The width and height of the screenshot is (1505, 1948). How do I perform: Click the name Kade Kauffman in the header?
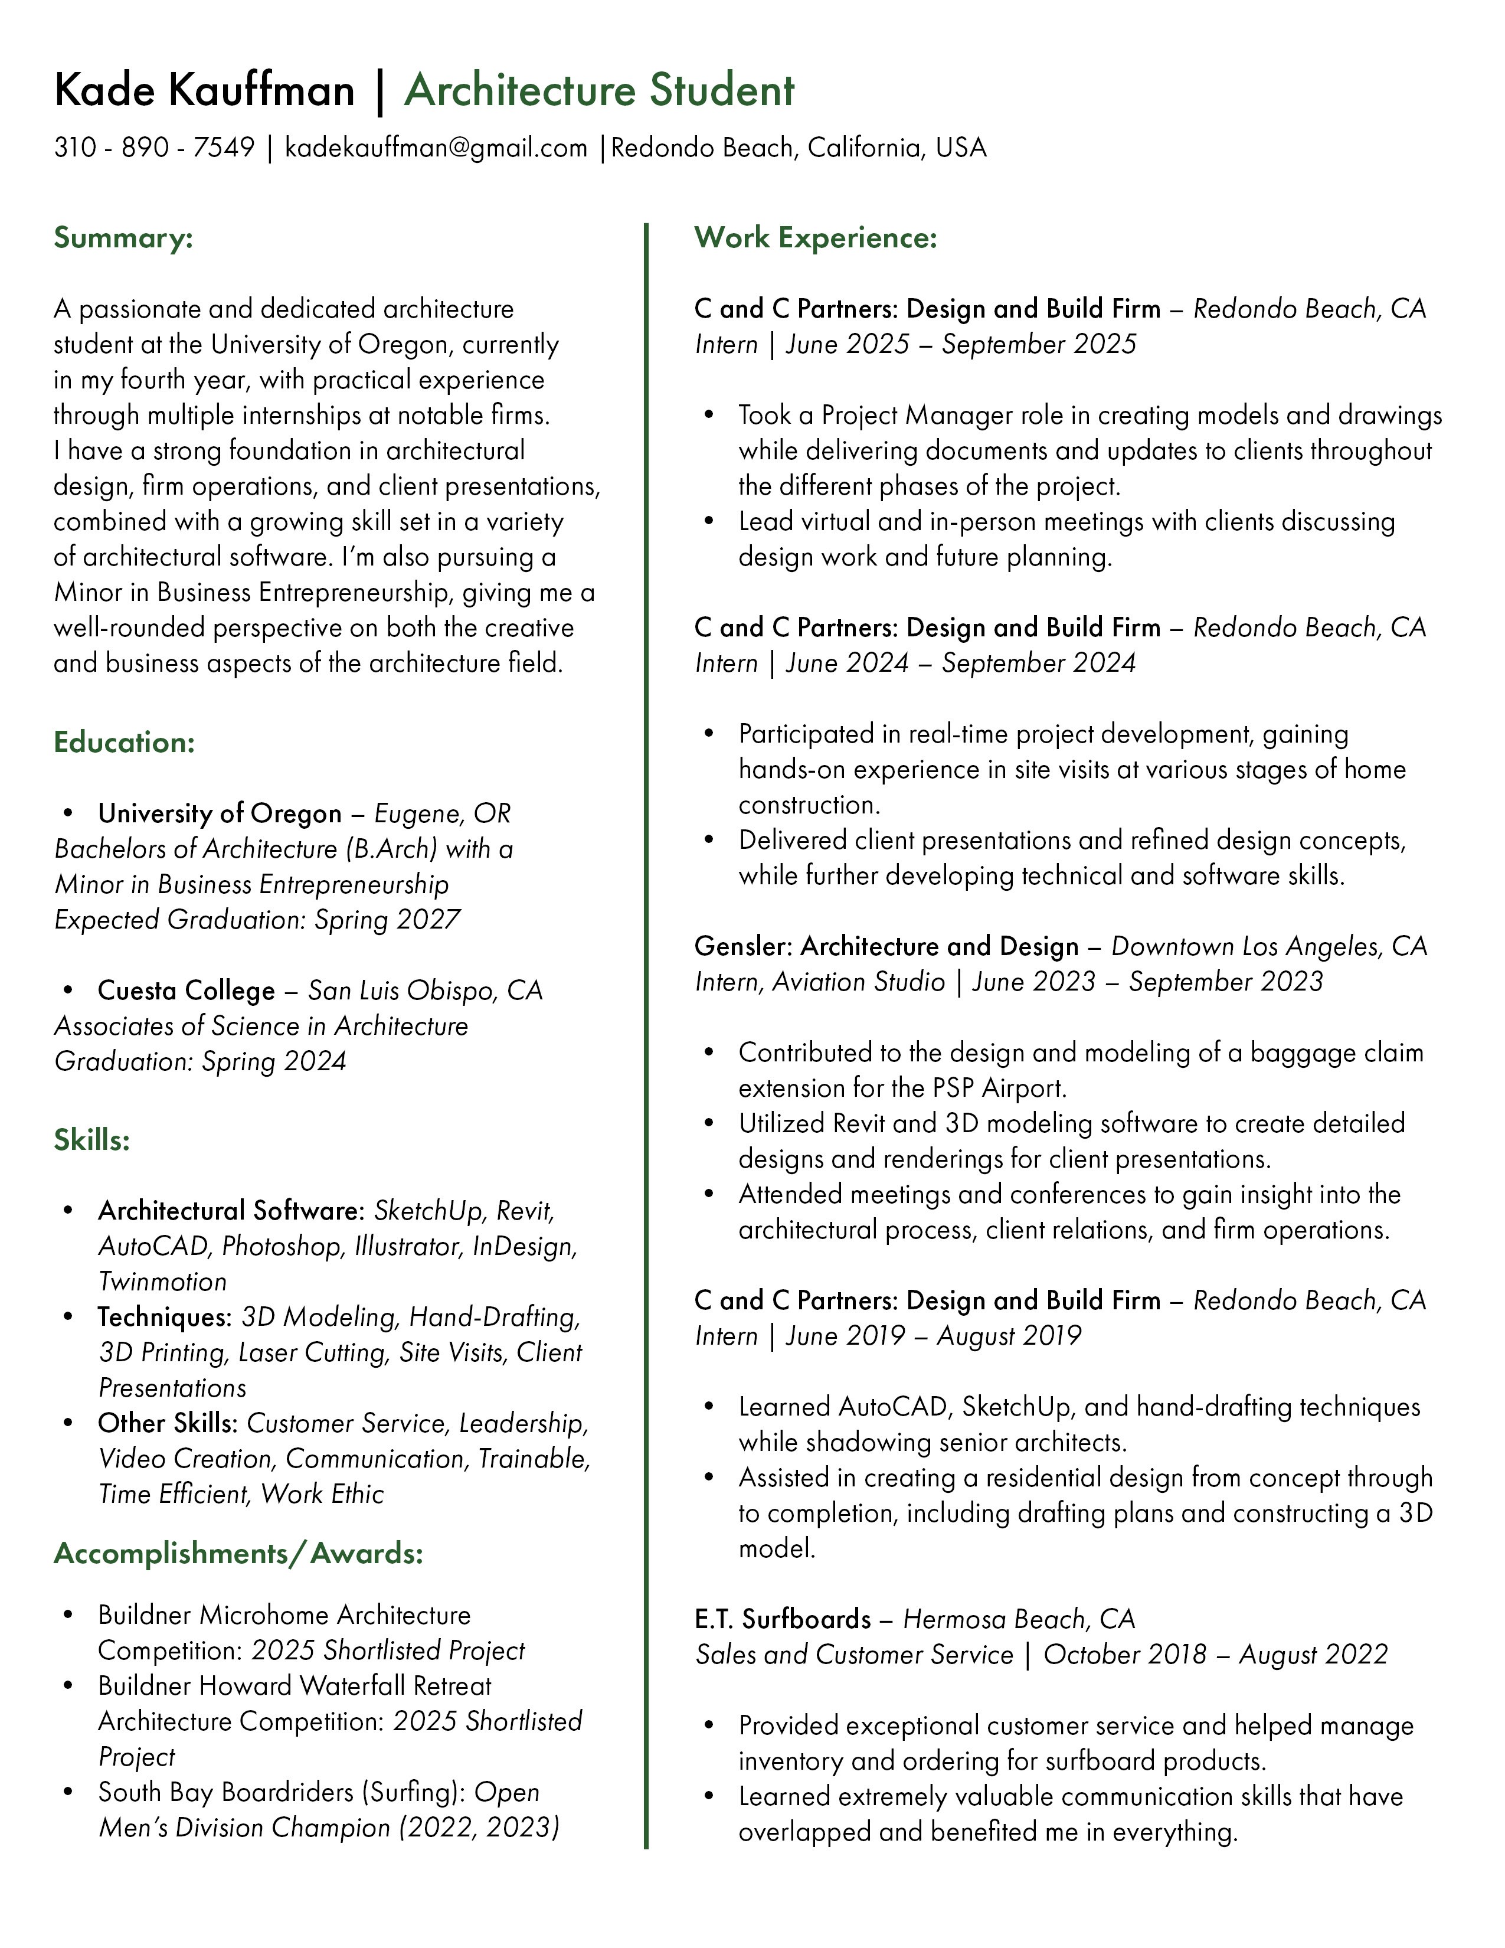tap(204, 91)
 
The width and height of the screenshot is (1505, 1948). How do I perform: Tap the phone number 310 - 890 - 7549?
tap(154, 147)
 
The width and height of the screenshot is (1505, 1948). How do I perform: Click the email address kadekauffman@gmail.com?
tap(436, 147)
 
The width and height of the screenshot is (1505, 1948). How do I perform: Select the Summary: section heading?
tap(123, 238)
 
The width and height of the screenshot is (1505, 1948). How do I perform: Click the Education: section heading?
tap(124, 742)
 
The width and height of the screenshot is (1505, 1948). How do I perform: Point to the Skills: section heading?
tap(92, 1139)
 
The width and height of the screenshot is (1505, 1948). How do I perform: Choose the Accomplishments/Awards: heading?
tap(238, 1553)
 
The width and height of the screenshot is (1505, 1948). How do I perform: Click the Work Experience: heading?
tap(816, 237)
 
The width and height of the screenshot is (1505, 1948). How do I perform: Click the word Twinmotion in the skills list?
tap(162, 1282)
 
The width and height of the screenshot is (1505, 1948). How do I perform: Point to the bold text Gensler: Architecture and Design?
tap(886, 946)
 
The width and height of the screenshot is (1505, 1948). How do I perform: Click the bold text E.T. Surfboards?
tap(783, 1619)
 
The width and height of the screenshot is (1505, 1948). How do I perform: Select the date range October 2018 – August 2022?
tap(1215, 1655)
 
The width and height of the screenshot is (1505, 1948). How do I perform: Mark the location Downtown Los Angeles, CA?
tap(1269, 946)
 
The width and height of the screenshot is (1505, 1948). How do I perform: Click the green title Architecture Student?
tap(599, 91)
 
